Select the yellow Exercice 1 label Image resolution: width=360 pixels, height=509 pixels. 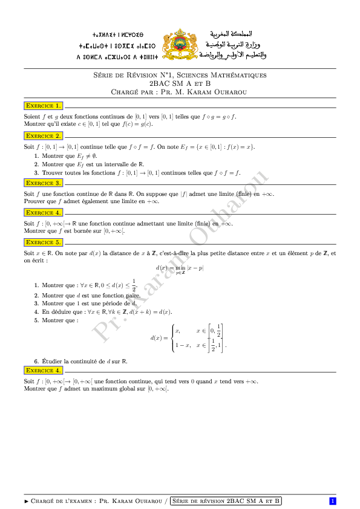coord(43,105)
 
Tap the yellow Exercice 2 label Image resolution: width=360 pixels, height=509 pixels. coord(43,136)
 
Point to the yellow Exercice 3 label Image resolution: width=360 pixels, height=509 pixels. coord(43,183)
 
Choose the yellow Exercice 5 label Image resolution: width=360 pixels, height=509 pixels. coord(43,242)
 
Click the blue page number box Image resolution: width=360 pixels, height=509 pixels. coord(332,501)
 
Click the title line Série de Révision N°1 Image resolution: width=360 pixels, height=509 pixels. coord(180,75)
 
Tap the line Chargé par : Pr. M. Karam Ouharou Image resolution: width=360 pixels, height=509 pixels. coord(180,92)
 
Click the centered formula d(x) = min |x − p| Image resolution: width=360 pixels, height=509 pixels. coord(180,268)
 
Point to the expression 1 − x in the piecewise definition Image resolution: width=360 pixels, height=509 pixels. coord(183,345)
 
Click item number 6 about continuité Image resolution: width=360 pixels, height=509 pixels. coord(37,361)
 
